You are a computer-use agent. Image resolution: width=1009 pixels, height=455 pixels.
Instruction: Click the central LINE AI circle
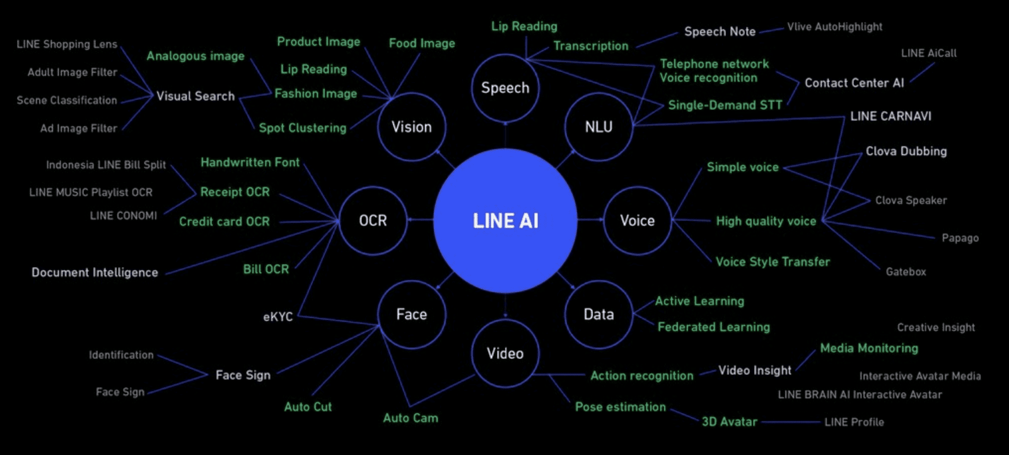click(505, 221)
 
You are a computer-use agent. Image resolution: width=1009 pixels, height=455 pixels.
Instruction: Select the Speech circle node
click(505, 88)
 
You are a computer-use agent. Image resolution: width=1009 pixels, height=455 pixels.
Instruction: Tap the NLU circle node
click(598, 127)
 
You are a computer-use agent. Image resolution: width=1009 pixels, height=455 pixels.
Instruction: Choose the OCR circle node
click(373, 221)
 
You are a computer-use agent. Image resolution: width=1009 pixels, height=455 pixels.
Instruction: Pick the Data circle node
click(598, 314)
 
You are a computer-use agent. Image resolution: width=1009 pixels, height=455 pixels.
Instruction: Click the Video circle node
click(505, 353)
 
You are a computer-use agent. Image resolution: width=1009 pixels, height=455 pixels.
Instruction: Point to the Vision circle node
click(412, 127)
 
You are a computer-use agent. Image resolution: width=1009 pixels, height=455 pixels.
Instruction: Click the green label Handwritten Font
click(250, 163)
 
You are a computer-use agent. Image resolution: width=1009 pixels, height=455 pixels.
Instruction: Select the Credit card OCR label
click(224, 222)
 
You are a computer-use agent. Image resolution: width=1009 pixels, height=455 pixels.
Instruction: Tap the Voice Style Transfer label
click(773, 262)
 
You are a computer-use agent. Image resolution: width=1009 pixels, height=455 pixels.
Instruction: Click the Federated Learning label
click(713, 327)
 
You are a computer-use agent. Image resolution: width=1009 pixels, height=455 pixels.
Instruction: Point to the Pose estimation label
click(620, 407)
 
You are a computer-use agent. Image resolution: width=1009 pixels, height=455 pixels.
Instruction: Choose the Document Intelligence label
click(95, 273)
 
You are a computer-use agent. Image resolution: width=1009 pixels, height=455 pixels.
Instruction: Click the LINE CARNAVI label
click(890, 116)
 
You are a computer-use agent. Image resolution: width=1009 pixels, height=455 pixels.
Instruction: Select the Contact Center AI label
click(854, 83)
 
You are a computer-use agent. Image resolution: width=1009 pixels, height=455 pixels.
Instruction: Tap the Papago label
click(960, 238)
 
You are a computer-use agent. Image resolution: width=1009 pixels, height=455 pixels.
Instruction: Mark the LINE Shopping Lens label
click(67, 44)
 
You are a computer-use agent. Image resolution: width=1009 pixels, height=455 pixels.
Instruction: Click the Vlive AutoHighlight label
click(834, 27)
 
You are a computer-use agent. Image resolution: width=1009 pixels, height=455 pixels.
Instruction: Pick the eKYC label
click(277, 317)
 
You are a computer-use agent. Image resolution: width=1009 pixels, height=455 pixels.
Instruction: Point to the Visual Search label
click(195, 97)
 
